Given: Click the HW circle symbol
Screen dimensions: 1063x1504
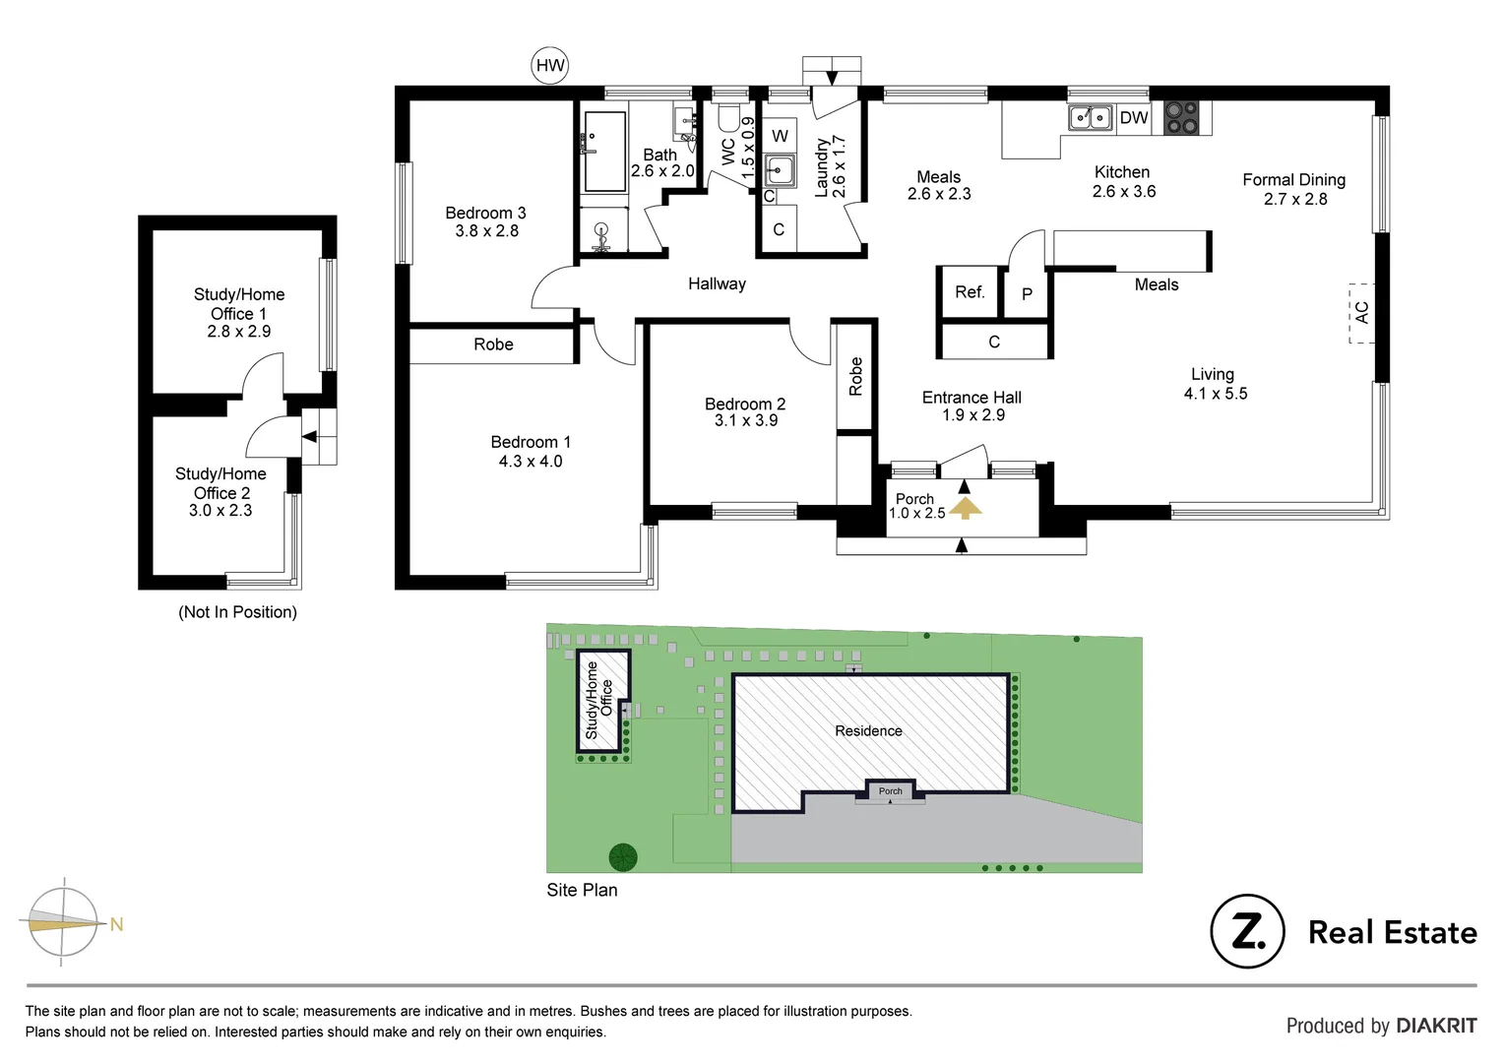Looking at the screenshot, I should coord(550,66).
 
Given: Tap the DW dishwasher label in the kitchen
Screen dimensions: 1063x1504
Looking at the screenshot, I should coord(1134,118).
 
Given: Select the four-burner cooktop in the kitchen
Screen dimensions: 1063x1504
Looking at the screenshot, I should coord(1181,118).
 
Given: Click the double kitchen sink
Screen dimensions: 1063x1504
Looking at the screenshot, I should coord(1091,118).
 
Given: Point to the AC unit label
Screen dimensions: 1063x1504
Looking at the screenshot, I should coord(1361,313).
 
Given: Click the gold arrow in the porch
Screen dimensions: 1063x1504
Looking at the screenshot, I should coord(966,508).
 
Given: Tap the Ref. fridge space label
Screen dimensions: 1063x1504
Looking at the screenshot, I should coord(970,292).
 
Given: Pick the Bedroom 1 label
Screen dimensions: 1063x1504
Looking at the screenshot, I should coord(531,452).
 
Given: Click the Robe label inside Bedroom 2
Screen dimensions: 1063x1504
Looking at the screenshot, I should coord(855,377).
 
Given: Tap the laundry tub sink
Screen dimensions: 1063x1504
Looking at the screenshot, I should coord(781,170).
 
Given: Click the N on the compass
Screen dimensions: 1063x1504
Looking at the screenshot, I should coord(116,924).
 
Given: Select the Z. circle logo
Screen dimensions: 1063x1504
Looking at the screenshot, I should coord(1247,931).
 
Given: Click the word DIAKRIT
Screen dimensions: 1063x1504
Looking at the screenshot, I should coord(1435,1026).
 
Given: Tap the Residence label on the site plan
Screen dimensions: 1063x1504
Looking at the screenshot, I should coord(868,731).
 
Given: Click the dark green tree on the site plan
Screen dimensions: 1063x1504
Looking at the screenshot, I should coord(623,857).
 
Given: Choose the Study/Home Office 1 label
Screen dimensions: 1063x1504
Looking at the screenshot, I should coord(239,313).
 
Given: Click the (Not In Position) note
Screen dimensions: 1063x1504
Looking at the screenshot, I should coord(237,612).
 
